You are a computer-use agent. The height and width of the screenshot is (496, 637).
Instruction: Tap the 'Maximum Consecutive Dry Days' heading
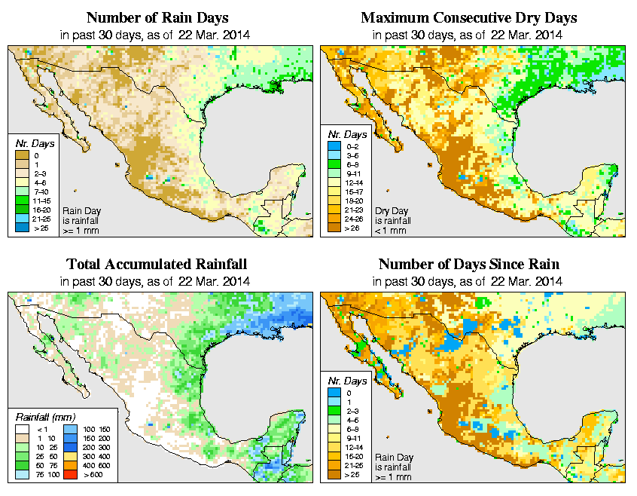pyautogui.click(x=469, y=17)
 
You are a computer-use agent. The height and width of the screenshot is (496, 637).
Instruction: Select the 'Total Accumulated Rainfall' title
pyautogui.click(x=156, y=264)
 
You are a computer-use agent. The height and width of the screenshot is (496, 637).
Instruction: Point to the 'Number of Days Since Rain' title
pyautogui.click(x=469, y=264)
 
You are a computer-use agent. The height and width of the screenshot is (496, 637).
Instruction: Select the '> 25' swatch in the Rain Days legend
pyautogui.click(x=20, y=227)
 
